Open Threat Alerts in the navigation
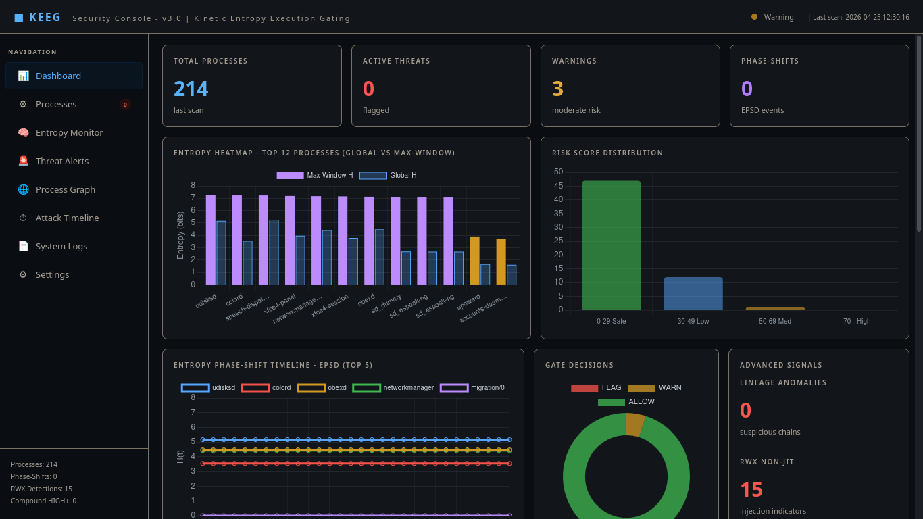[x=61, y=162]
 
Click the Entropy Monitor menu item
[x=69, y=132]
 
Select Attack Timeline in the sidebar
[x=67, y=218]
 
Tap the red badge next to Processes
[x=125, y=105]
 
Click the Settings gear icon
[x=23, y=274]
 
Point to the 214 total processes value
[x=191, y=89]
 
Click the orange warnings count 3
[x=557, y=89]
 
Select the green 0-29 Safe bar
[x=611, y=245]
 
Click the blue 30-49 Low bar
[x=693, y=293]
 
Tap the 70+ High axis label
[x=857, y=321]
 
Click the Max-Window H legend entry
[x=315, y=175]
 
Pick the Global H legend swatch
[x=373, y=176]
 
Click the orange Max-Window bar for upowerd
[x=475, y=261]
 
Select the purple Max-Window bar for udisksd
[x=211, y=240]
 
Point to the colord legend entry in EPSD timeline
[x=266, y=387]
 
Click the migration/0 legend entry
[x=472, y=387]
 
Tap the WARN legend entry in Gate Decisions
[x=655, y=387]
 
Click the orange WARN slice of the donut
[x=634, y=424]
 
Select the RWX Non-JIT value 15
[x=751, y=489]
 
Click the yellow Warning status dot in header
[x=754, y=17]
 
